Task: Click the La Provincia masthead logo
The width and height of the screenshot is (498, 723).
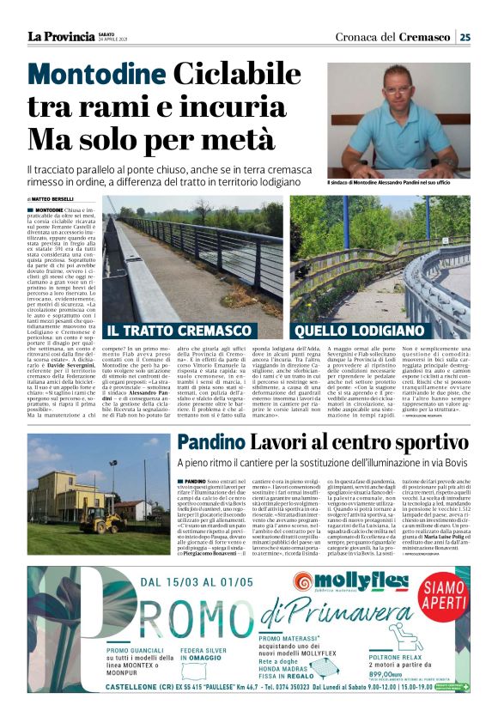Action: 61,36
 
